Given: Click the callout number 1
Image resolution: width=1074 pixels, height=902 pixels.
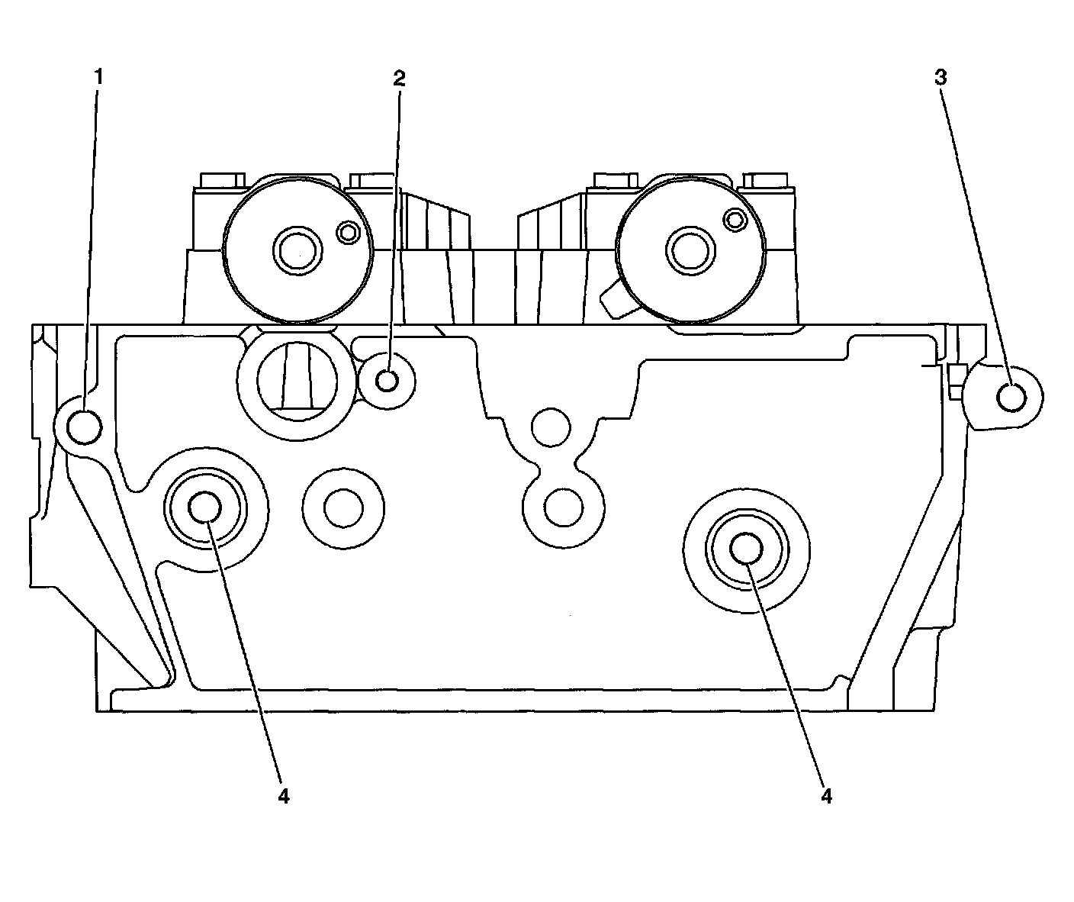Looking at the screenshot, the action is pyautogui.click(x=98, y=76).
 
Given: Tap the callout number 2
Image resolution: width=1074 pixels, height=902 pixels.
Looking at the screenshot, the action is pyautogui.click(x=399, y=77).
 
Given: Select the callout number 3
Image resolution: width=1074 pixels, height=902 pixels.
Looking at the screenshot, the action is pyautogui.click(x=941, y=76).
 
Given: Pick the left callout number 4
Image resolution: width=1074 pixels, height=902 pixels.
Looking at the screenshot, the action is pyautogui.click(x=284, y=795).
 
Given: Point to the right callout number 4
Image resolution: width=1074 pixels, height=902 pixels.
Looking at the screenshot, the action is pyautogui.click(x=827, y=795).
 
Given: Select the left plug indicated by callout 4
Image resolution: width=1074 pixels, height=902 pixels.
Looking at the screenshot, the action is pyautogui.click(x=204, y=507).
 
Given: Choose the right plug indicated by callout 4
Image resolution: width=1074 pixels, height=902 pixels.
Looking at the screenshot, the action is pyautogui.click(x=747, y=548).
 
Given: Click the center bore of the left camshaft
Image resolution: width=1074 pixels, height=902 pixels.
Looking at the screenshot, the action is pyautogui.click(x=296, y=249).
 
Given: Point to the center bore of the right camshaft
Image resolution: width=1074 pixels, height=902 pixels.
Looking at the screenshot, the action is pyautogui.click(x=690, y=249).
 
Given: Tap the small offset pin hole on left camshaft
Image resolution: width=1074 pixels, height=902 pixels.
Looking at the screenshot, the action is pyautogui.click(x=348, y=232).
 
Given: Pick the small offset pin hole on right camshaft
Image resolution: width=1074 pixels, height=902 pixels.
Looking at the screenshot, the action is pyautogui.click(x=735, y=221).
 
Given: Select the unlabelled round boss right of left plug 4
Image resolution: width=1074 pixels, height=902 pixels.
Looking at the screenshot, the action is pyautogui.click(x=342, y=508).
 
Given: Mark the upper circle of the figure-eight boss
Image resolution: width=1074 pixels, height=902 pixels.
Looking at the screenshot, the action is pyautogui.click(x=551, y=427).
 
